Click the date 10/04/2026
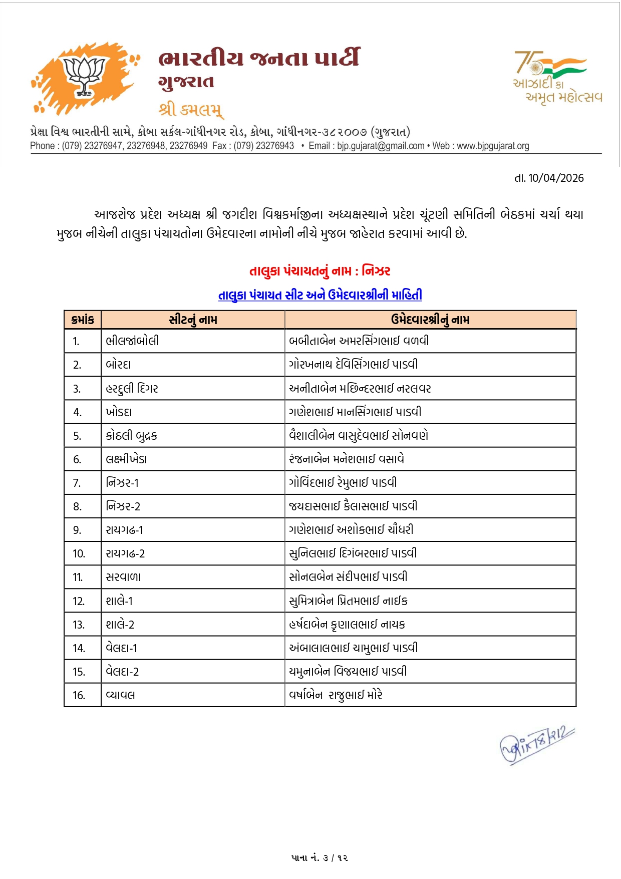[556, 178]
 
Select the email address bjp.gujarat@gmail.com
[381, 146]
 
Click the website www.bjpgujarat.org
[493, 146]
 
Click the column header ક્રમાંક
[83, 320]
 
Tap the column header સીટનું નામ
[193, 320]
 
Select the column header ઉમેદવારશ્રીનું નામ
[430, 320]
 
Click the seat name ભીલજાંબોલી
[132, 341]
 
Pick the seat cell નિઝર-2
[123, 506]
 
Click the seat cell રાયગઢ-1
[124, 530]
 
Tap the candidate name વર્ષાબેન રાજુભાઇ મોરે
[336, 695]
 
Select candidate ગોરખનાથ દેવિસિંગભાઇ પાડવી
[353, 365]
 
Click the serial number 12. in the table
[79, 601]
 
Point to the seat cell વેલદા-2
[122, 672]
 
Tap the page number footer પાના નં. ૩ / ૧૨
[320, 857]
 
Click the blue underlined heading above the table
[320, 295]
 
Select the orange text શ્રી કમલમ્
[191, 109]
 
